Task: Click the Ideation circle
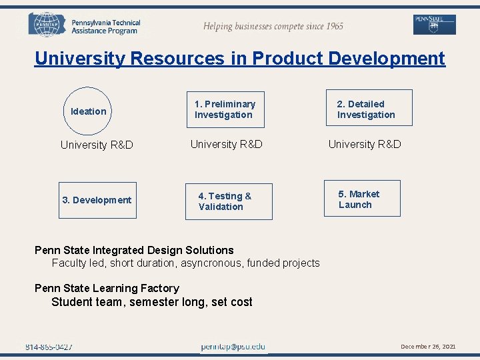tap(89, 111)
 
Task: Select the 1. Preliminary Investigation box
tap(225, 109)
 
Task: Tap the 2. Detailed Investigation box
tap(369, 108)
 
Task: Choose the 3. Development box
tap(97, 200)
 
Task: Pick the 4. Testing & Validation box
tap(229, 201)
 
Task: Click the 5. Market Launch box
tap(362, 199)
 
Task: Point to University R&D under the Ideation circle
tap(97, 145)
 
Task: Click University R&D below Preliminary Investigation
tap(227, 144)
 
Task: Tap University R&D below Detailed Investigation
tap(365, 144)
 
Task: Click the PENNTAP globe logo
tap(46, 25)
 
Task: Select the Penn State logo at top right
tap(434, 25)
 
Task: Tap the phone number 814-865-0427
tap(49, 347)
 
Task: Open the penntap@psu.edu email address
tap(233, 347)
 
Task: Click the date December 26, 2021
tap(428, 347)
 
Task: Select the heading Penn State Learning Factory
tap(107, 288)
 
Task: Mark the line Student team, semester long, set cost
tap(152, 302)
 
